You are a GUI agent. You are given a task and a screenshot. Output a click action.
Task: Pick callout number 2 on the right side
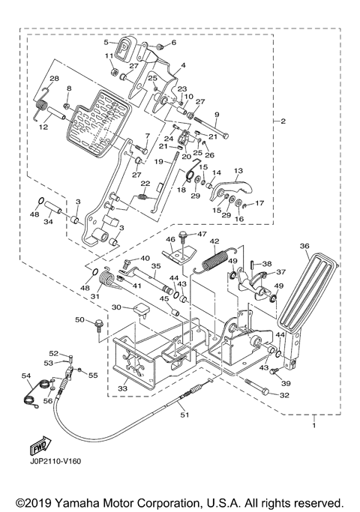pos(282,121)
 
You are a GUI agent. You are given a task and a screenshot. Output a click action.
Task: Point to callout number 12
pos(44,127)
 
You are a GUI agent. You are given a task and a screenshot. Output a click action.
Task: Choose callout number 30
pos(116,307)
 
